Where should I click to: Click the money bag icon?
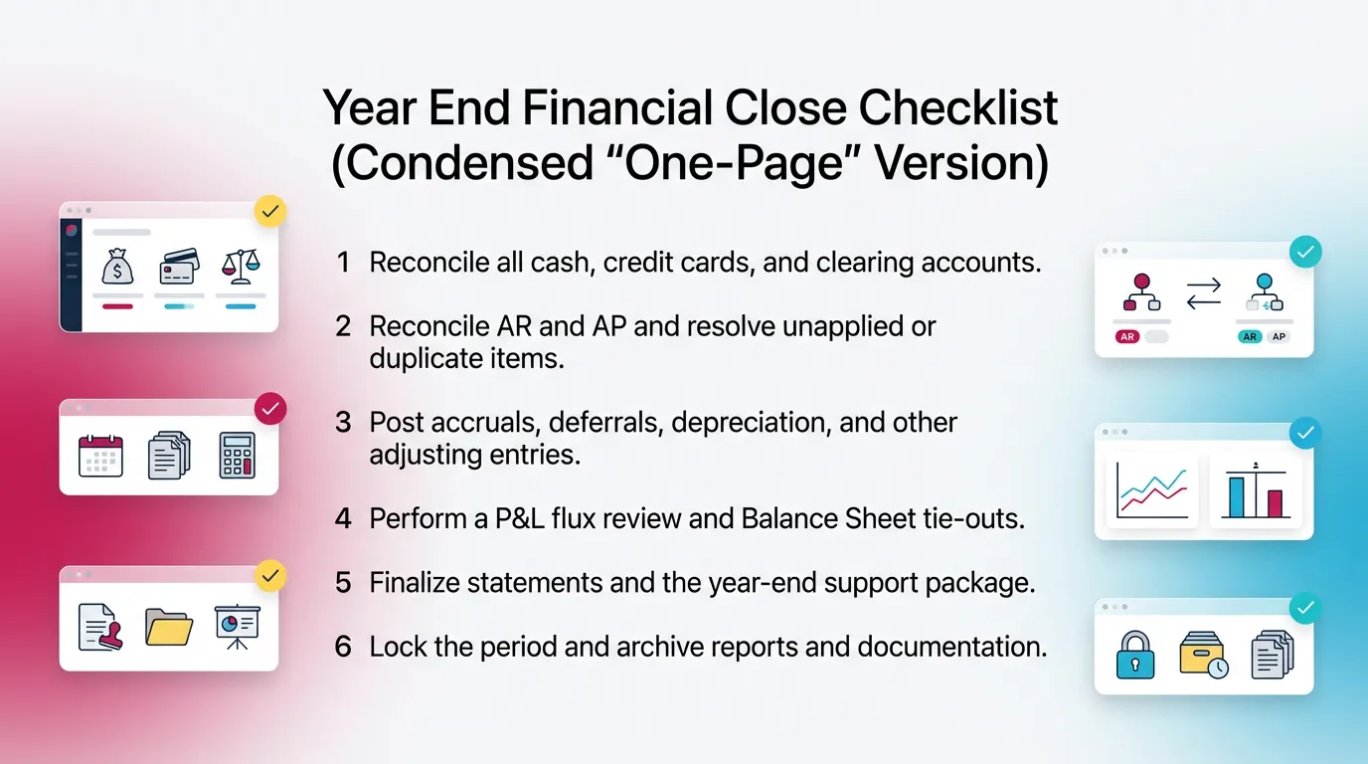(117, 268)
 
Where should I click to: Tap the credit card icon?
(179, 268)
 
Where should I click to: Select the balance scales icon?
(240, 267)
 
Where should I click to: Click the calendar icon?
(100, 457)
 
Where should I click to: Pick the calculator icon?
(238, 456)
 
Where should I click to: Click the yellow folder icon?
(169, 627)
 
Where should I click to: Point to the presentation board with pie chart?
(237, 625)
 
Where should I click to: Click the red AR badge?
(1127, 337)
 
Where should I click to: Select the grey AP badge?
(1279, 337)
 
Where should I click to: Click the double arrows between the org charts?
(1203, 292)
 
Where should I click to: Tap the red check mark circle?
(270, 409)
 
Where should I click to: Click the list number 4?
(343, 518)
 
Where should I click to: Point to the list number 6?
(343, 647)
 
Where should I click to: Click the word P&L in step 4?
(532, 518)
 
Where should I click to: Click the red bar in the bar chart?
(1275, 503)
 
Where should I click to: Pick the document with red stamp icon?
(101, 627)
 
